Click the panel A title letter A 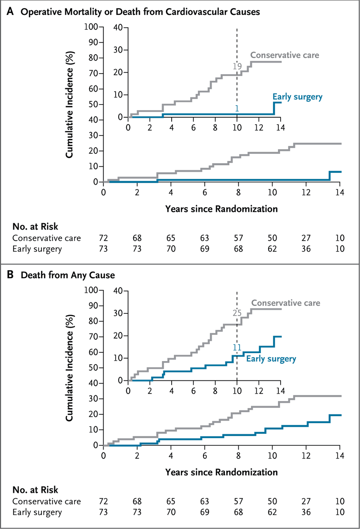(8, 12)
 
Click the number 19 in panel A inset (237, 67)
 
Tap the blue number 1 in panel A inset (237, 108)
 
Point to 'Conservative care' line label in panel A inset (285, 56)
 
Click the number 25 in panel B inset (237, 313)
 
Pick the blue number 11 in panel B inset (237, 348)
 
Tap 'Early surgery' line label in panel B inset (270, 358)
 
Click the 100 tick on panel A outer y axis (91, 26)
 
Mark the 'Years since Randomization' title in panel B (221, 472)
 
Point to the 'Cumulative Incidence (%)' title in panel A (70, 104)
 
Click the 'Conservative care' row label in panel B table (46, 502)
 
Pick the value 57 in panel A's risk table (238, 238)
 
